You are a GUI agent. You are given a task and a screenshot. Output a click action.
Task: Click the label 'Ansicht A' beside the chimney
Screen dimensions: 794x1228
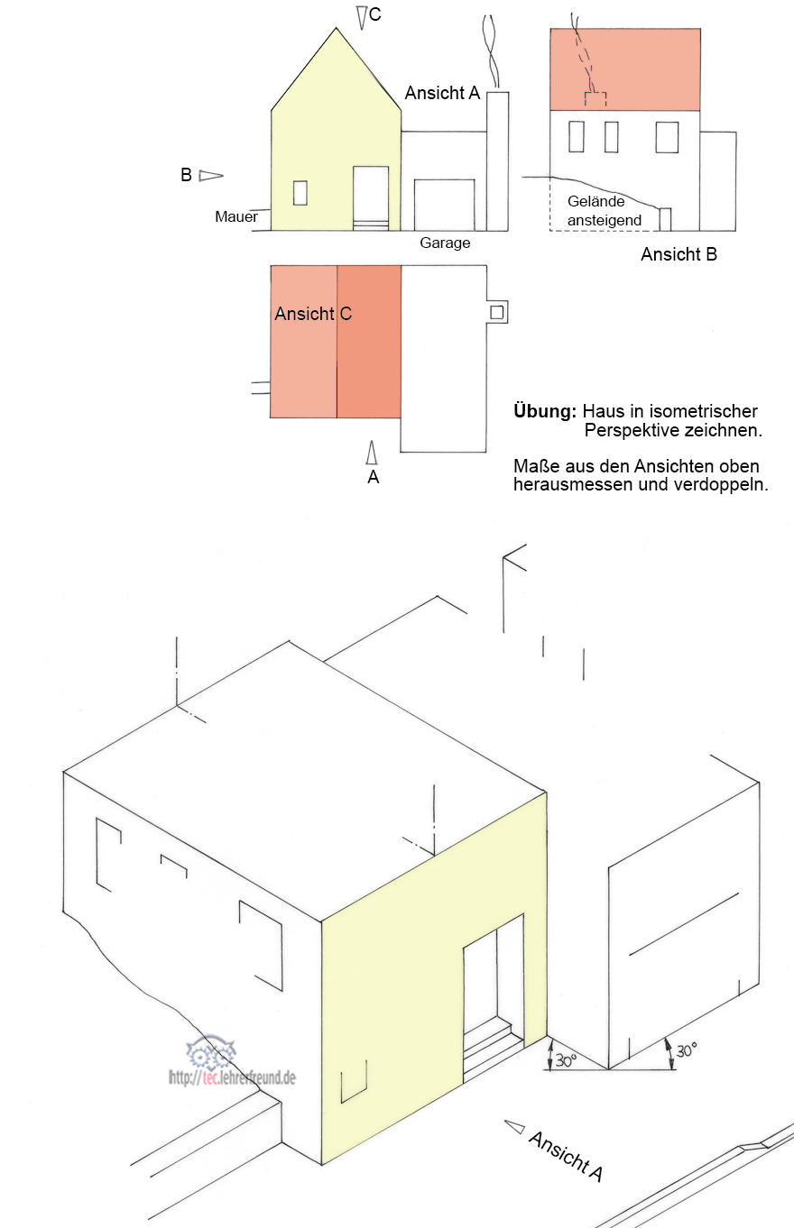[442, 93]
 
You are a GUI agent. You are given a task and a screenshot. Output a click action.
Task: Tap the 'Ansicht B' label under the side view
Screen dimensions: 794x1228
[679, 254]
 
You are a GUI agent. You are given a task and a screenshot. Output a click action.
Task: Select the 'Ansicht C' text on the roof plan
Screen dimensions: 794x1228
[313, 314]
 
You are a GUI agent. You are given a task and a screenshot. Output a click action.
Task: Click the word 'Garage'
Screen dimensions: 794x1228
[445, 243]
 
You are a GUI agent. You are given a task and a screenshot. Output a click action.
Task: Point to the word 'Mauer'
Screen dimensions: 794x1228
[236, 216]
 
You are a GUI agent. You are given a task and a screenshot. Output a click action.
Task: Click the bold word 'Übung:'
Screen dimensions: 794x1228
[545, 410]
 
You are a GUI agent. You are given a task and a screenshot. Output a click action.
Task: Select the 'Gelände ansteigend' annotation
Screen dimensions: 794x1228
[605, 210]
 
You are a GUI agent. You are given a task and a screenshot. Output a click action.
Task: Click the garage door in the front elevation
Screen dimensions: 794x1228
[445, 205]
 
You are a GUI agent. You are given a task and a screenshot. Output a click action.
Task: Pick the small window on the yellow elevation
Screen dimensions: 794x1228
[300, 193]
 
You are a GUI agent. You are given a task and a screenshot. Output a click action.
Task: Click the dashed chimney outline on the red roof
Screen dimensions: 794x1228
[595, 99]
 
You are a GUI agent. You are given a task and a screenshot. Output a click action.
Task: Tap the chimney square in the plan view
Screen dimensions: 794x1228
[496, 312]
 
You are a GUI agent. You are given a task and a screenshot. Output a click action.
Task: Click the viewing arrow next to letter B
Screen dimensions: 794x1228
[211, 176]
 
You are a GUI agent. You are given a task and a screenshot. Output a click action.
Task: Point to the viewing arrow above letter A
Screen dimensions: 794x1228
[372, 453]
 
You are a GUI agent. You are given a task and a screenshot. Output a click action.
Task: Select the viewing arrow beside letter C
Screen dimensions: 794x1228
[361, 17]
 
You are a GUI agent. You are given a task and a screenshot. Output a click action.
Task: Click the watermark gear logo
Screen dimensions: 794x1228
[210, 1052]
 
